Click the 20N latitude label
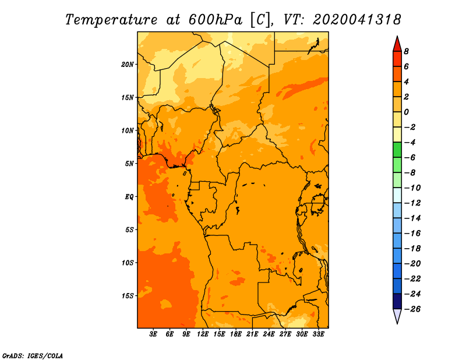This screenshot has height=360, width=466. pyautogui.click(x=128, y=65)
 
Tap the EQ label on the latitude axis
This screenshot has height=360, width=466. pyautogui.click(x=129, y=197)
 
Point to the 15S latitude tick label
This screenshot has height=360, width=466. pyautogui.click(x=128, y=296)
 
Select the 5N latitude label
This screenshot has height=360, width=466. pyautogui.click(x=129, y=164)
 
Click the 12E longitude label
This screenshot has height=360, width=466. pyautogui.click(x=203, y=334)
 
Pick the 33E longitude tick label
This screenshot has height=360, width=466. pyautogui.click(x=318, y=334)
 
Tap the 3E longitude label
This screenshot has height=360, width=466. pyautogui.click(x=153, y=334)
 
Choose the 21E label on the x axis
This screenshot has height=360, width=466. pyautogui.click(x=252, y=334)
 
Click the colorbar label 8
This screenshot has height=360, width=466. pyautogui.click(x=406, y=51)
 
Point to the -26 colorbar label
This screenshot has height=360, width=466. pyautogui.click(x=412, y=309)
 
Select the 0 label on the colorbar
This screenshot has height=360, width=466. pyautogui.click(x=406, y=112)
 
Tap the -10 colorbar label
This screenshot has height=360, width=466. pyautogui.click(x=412, y=188)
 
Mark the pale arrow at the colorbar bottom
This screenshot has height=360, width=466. pyautogui.click(x=397, y=316)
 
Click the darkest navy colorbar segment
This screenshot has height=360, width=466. pyautogui.click(x=397, y=301)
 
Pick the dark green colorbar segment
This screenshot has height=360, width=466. pyautogui.click(x=397, y=150)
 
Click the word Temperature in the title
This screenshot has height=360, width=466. pyautogui.click(x=111, y=20)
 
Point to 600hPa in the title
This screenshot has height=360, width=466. pyautogui.click(x=216, y=20)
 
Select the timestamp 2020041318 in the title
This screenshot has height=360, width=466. pyautogui.click(x=357, y=20)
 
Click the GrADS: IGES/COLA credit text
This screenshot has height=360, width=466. pyautogui.click(x=33, y=356)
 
